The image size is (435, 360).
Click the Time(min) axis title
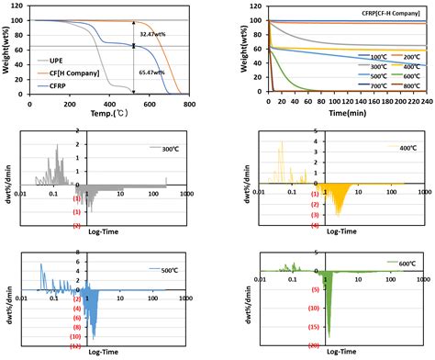(326, 118)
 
